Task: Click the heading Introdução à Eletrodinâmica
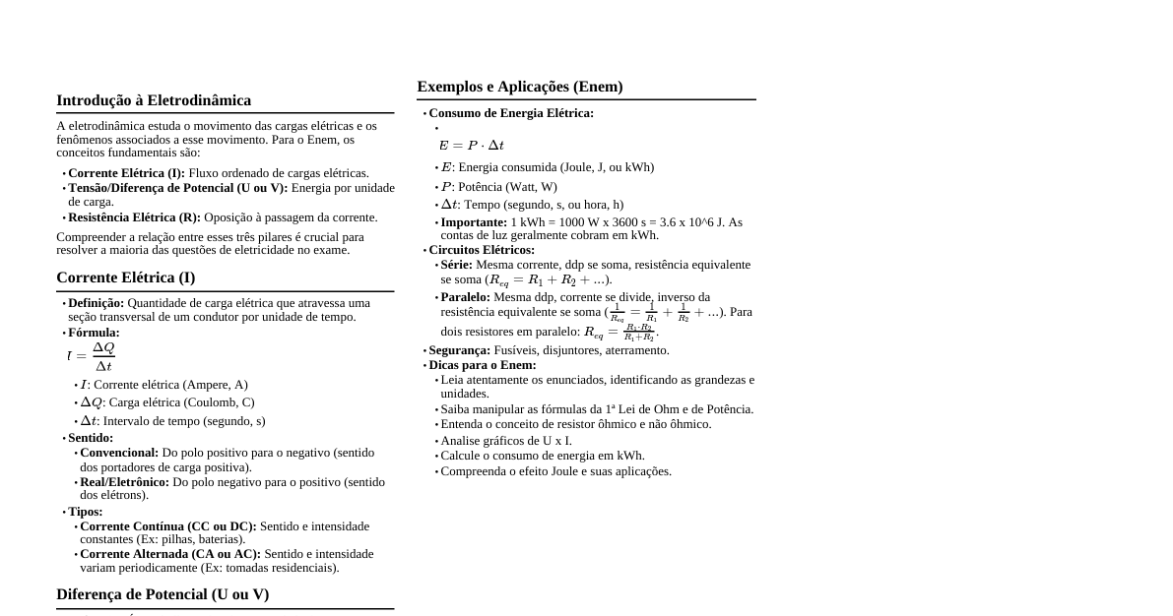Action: tap(154, 100)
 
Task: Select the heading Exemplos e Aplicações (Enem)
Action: tap(520, 87)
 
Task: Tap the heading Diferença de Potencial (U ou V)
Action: tap(163, 594)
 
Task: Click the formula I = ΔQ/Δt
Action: tap(91, 356)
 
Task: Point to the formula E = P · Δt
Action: tap(471, 146)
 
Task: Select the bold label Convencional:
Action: tap(119, 453)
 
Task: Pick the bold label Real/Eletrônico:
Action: tap(124, 482)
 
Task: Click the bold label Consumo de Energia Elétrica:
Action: tap(511, 113)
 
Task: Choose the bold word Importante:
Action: tap(474, 222)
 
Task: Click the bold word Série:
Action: tap(456, 265)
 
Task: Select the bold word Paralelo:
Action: tap(465, 297)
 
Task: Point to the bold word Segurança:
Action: tap(459, 350)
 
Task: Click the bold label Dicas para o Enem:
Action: tap(483, 365)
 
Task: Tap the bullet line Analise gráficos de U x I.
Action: tap(506, 441)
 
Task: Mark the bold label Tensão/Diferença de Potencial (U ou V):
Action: tap(177, 188)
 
